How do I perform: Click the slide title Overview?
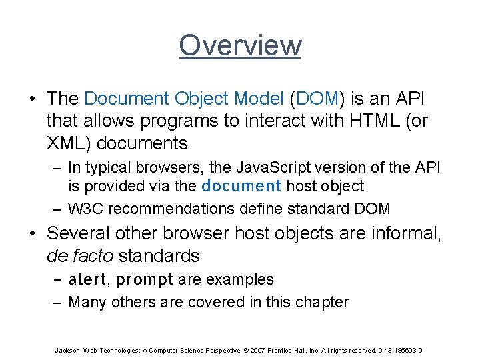[x=240, y=45]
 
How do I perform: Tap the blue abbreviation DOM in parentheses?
[x=315, y=99]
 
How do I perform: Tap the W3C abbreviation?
[x=86, y=208]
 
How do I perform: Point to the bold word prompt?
[x=144, y=279]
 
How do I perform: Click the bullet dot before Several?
[x=33, y=233]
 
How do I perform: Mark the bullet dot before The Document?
[x=33, y=99]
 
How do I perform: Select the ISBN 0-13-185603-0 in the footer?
[x=399, y=349]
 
